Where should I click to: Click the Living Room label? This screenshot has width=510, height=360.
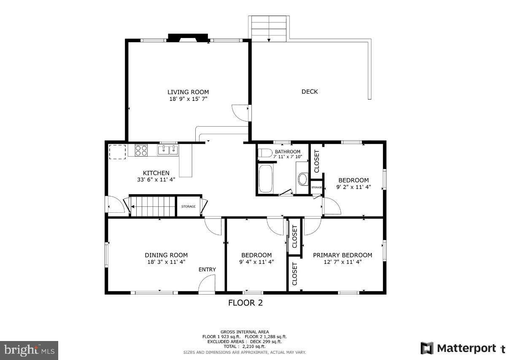click(x=188, y=92)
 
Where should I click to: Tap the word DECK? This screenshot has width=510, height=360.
click(x=310, y=92)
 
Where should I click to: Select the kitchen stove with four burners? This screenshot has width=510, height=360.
click(x=141, y=150)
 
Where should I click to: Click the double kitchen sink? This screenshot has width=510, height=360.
click(x=168, y=150)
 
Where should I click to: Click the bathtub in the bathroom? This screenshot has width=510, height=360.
click(x=265, y=179)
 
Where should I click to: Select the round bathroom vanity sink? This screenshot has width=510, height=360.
click(x=302, y=179)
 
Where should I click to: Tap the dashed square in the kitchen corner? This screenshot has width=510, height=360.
click(x=118, y=152)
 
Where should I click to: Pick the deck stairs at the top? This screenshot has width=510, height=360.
click(x=269, y=28)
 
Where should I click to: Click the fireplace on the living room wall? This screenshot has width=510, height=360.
click(x=188, y=38)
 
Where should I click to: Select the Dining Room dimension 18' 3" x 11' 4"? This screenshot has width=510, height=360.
click(x=166, y=262)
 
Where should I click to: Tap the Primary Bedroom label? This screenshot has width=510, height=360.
click(x=342, y=255)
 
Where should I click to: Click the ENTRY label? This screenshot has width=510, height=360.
click(x=207, y=270)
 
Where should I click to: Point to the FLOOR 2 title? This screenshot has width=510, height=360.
click(x=245, y=303)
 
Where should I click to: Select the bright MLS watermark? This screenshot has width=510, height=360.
click(x=29, y=350)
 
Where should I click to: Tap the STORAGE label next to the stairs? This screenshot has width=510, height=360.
click(x=188, y=206)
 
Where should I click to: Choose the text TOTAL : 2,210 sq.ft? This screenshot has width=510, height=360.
click(x=245, y=346)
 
